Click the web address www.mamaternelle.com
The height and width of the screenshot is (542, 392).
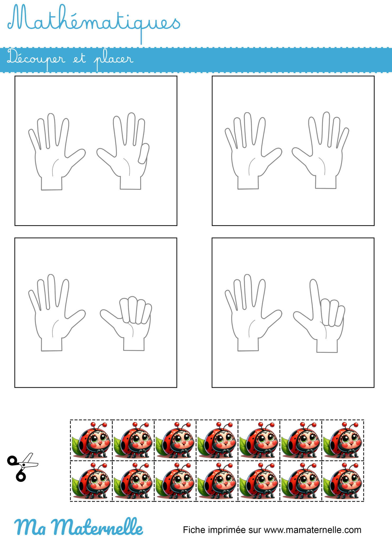pos(312,530)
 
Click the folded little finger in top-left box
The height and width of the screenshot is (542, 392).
pos(144,153)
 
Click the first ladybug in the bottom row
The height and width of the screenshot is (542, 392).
pos(91,481)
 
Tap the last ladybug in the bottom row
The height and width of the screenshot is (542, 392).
pos(343,481)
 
